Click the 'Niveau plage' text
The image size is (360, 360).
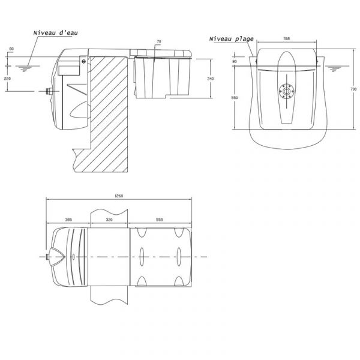[x=232, y=39]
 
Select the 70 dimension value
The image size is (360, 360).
[x=159, y=42]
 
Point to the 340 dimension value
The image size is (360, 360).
[x=210, y=79]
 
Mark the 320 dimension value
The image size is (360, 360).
[x=109, y=220]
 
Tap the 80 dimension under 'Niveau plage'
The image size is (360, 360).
[x=235, y=61]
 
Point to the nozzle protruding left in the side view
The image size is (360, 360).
[x=48, y=92]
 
